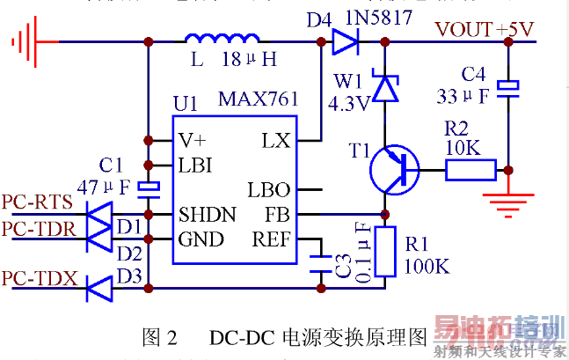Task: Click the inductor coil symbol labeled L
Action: click(x=222, y=40)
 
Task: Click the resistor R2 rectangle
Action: click(x=471, y=168)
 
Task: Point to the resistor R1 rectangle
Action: click(x=384, y=252)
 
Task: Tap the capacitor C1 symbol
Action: click(x=148, y=186)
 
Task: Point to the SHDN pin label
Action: click(x=207, y=214)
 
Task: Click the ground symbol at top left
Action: click(x=26, y=40)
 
